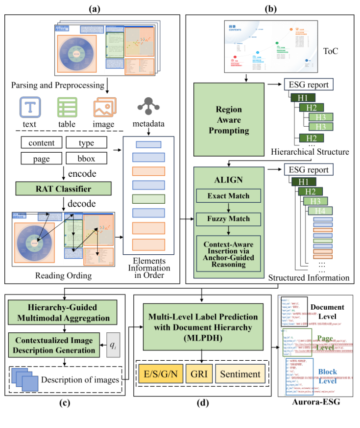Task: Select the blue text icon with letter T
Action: pyautogui.click(x=29, y=107)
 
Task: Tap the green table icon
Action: pyautogui.click(x=67, y=107)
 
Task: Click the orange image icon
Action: pyautogui.click(x=104, y=107)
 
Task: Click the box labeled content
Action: pyautogui.click(x=42, y=143)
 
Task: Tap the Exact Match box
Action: pyautogui.click(x=228, y=196)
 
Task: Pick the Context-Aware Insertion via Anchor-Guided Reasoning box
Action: pyautogui.click(x=228, y=253)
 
